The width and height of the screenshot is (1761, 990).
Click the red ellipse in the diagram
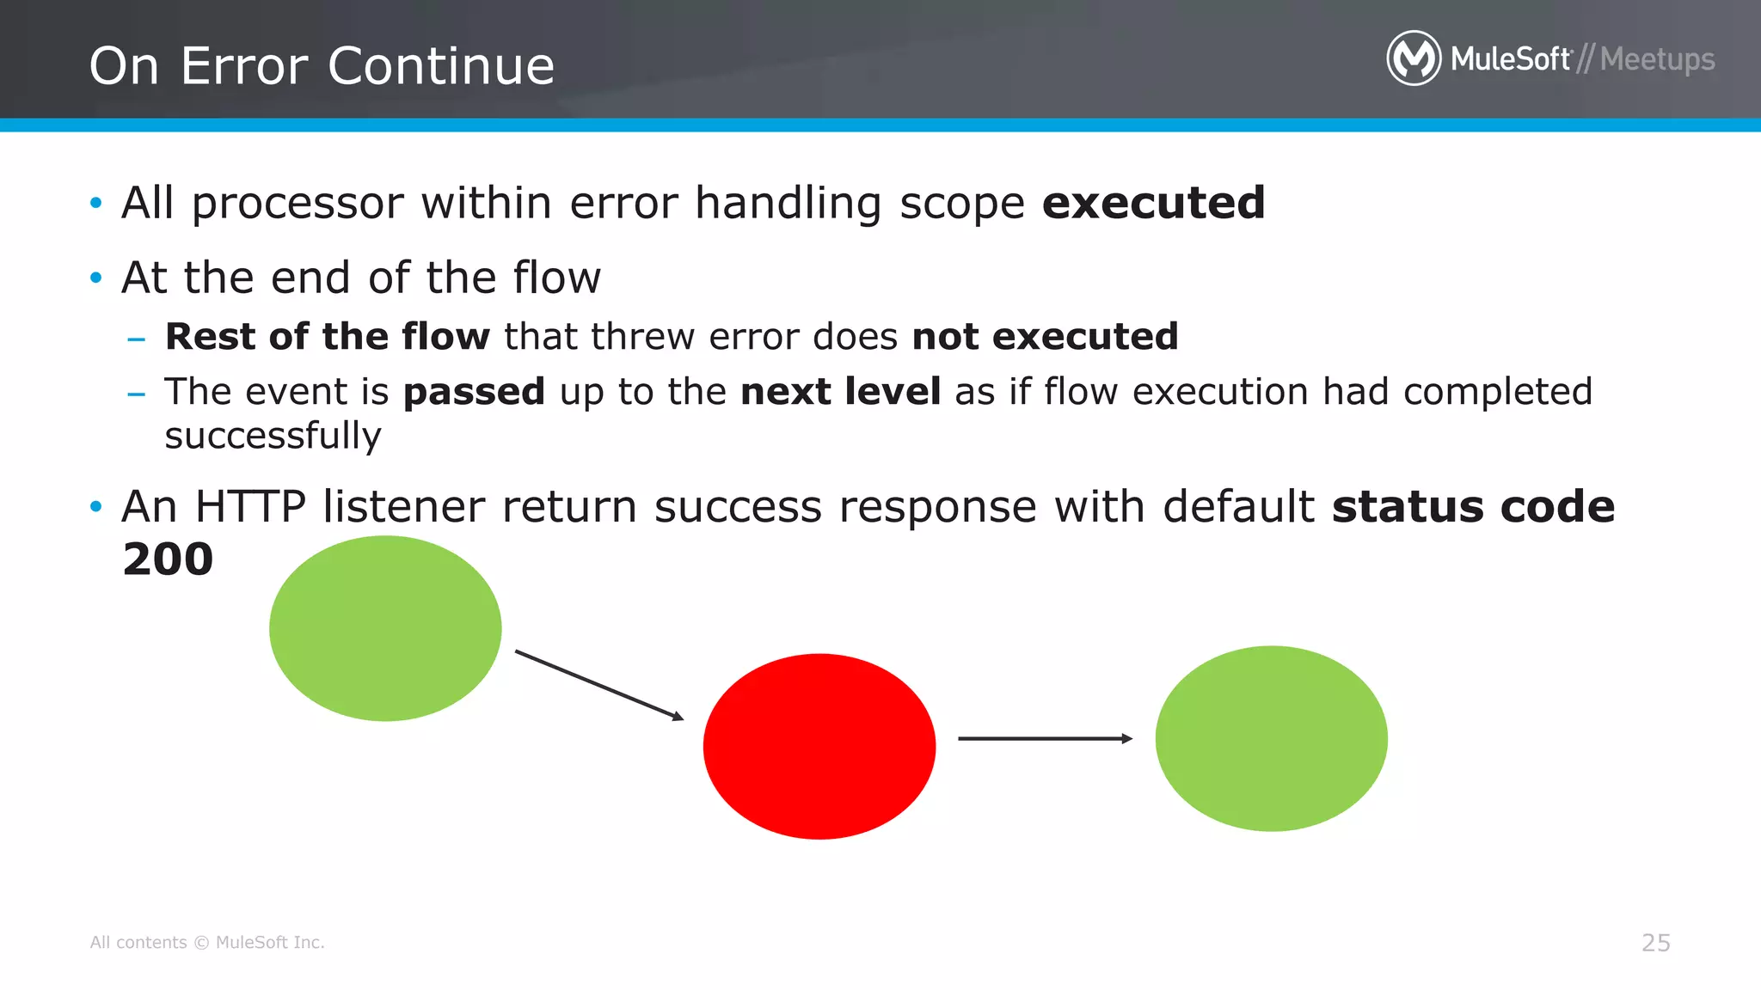pyautogui.click(x=819, y=746)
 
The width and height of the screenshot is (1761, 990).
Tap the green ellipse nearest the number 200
pyautogui.click(x=385, y=628)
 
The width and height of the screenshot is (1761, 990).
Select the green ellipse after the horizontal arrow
pyautogui.click(x=1271, y=738)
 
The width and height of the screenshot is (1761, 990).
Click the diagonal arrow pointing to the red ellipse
pyautogui.click(x=599, y=685)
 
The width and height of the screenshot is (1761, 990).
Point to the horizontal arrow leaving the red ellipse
pyautogui.click(x=1045, y=738)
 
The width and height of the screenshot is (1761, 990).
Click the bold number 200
pyautogui.click(x=168, y=559)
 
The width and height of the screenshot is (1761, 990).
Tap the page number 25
pyautogui.click(x=1655, y=943)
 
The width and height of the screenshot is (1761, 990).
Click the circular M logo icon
pyautogui.click(x=1413, y=58)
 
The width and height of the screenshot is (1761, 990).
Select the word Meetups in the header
pyautogui.click(x=1657, y=59)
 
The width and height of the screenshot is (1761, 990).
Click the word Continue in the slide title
pyautogui.click(x=441, y=66)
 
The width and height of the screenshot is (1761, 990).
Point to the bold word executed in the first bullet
pyautogui.click(x=1153, y=203)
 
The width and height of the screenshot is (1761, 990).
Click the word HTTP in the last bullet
pyautogui.click(x=250, y=506)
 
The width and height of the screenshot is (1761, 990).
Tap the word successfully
pyautogui.click(x=273, y=436)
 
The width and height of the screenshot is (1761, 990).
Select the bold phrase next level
pyautogui.click(x=840, y=392)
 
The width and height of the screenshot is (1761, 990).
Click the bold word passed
pyautogui.click(x=474, y=392)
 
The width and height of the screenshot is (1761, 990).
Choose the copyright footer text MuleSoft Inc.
pyautogui.click(x=269, y=943)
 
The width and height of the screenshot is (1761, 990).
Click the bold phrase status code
pyautogui.click(x=1473, y=506)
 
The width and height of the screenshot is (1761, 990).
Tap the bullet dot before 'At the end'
pyautogui.click(x=96, y=278)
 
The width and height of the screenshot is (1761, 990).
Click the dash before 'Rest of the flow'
pyautogui.click(x=136, y=339)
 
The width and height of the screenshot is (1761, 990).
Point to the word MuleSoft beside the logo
pyautogui.click(x=1511, y=59)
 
